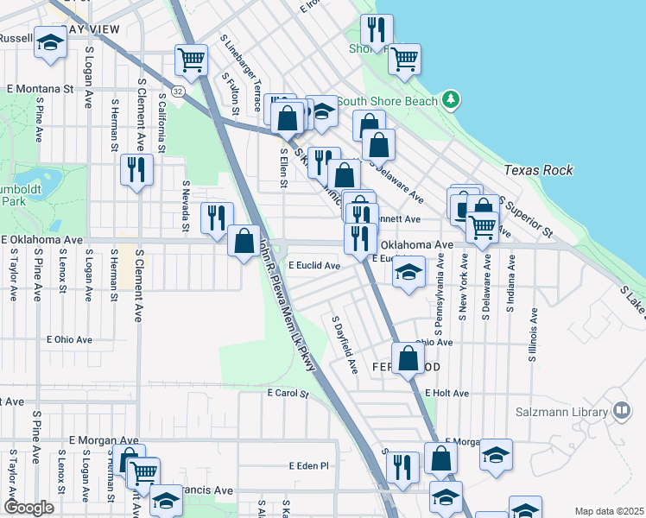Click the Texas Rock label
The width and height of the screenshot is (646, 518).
click(x=538, y=170)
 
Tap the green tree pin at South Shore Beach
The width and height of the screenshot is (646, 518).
click(x=449, y=101)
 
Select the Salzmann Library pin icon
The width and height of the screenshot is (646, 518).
click(x=620, y=411)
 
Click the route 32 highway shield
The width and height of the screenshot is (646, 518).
click(x=177, y=89)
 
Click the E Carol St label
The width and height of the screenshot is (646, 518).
click(x=288, y=394)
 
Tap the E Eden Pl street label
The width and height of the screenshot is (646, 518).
click(x=309, y=466)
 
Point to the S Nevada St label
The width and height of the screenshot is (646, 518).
click(x=186, y=206)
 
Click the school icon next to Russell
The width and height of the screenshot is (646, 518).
click(x=50, y=42)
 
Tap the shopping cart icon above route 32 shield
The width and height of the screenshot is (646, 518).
click(x=191, y=60)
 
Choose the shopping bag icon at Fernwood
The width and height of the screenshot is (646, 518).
click(x=408, y=359)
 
